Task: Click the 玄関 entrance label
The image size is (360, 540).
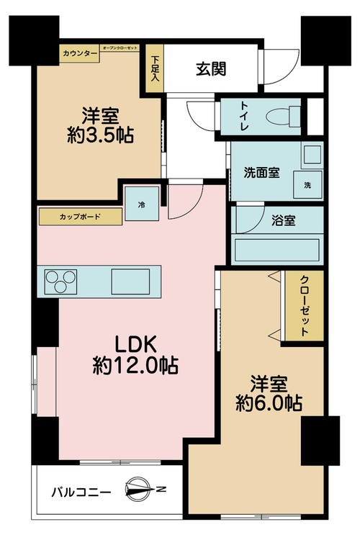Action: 211,69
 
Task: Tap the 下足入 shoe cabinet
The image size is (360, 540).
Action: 155,68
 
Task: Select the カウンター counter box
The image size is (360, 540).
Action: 80,54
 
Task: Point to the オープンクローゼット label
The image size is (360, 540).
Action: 120,48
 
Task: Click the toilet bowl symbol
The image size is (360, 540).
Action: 282,116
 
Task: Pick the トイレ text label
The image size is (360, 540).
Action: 245,116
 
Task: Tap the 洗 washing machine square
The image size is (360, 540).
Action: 307,185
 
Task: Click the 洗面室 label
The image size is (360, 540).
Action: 261,172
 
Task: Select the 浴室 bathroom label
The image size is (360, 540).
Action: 283,220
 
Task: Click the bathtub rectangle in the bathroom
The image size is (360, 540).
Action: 277,250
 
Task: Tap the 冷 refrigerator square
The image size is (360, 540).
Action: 142,204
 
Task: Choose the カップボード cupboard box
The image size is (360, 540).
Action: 80,217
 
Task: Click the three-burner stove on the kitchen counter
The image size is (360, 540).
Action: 60,282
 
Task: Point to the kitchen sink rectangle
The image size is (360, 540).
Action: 130,282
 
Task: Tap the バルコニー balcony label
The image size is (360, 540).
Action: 81,492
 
